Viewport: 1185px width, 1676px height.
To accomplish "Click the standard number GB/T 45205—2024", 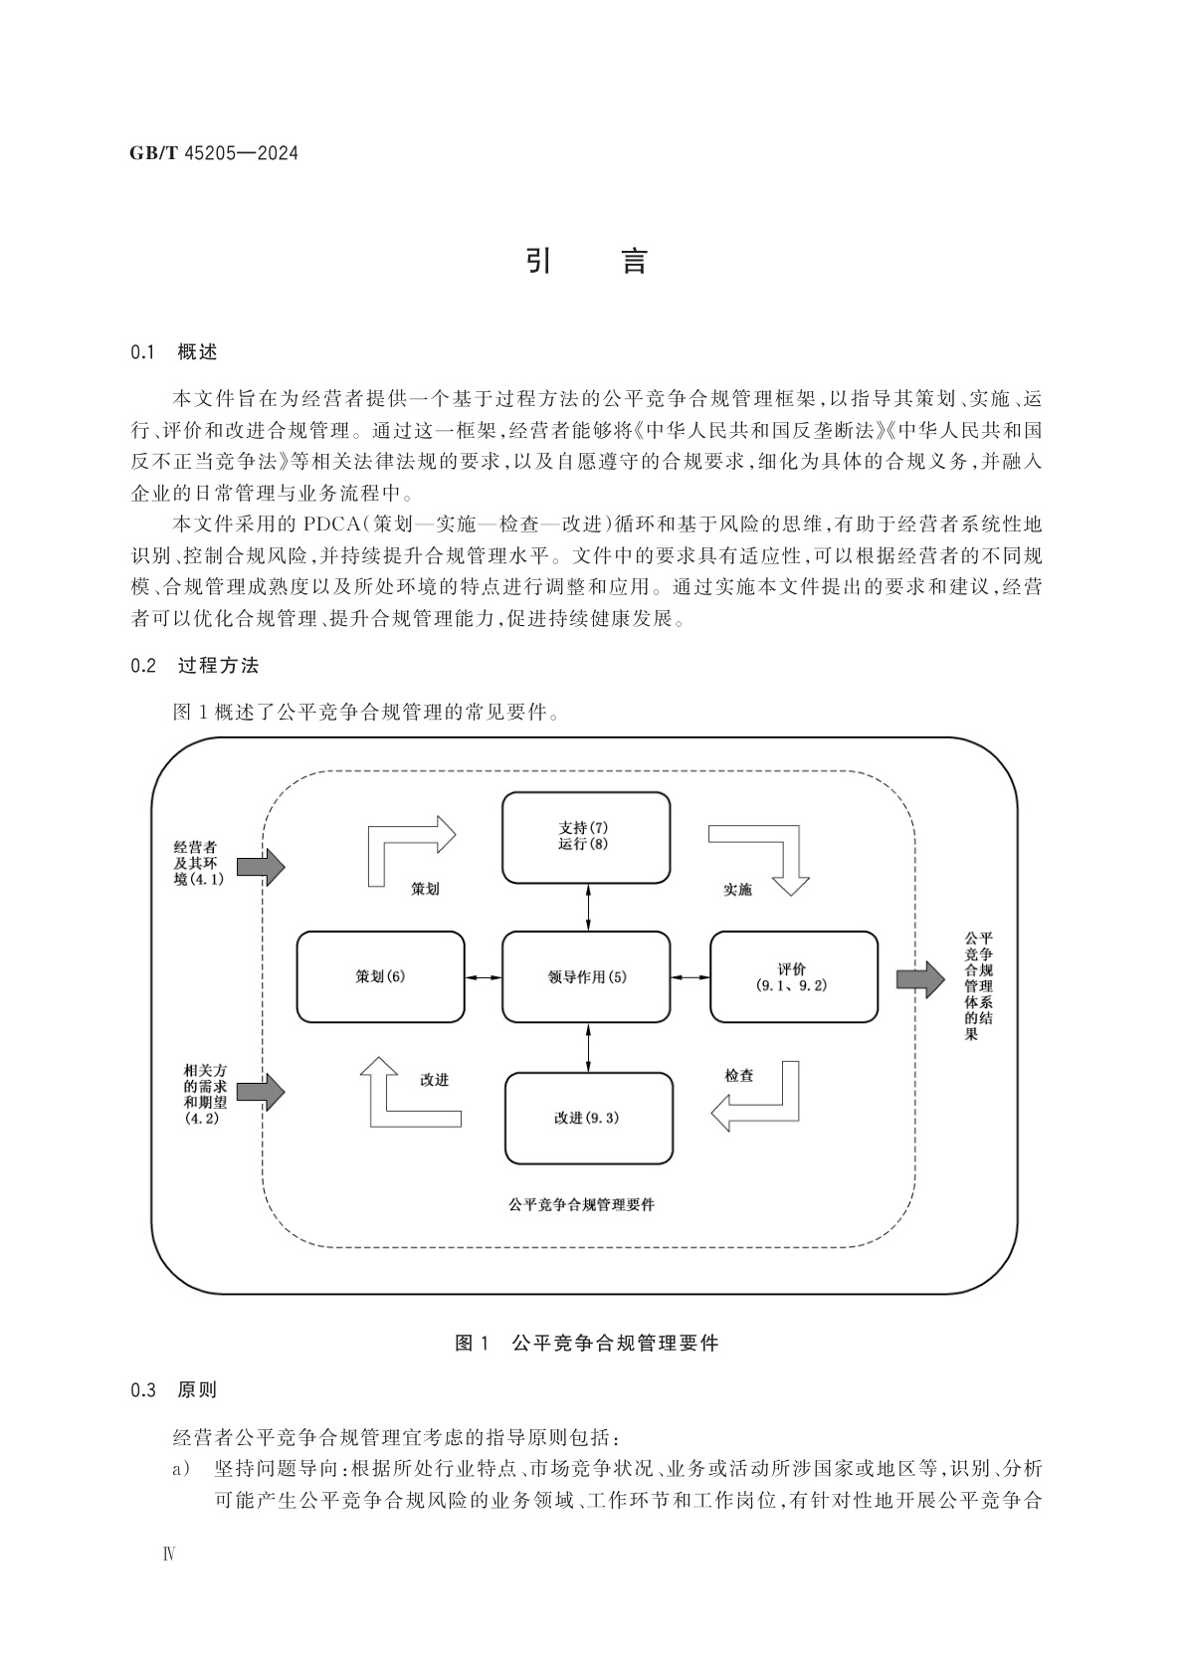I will pos(214,153).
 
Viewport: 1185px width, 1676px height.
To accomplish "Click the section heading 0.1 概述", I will pos(173,351).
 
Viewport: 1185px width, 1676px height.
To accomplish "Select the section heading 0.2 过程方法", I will pos(194,666).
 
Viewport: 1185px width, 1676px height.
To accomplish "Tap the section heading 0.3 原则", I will pos(173,1389).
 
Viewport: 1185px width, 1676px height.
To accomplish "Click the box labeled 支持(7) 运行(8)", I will pos(585,837).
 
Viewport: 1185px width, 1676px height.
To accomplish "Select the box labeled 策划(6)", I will pos(381,977).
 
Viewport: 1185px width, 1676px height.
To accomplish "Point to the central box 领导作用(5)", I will pos(586,977).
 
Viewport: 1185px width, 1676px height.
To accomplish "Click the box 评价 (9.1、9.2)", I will pos(793,977).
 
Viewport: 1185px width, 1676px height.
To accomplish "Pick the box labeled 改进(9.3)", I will pos(588,1118).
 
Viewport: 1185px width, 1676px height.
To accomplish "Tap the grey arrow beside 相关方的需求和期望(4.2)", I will pos(262,1092).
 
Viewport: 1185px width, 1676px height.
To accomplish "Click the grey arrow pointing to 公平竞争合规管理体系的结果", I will pos(919,979).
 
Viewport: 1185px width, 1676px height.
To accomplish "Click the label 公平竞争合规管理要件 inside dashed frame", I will pos(582,1204).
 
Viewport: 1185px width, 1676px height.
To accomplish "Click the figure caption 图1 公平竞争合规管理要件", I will pos(586,1343).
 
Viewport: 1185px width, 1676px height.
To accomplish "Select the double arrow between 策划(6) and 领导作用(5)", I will pos(484,977).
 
